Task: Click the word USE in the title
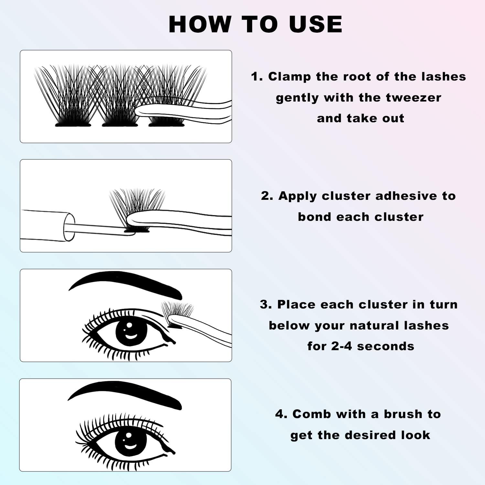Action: coord(316,24)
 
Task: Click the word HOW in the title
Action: coord(200,24)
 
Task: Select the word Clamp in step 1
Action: coord(290,77)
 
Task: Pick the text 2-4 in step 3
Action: coord(341,346)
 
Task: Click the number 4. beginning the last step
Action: coord(281,414)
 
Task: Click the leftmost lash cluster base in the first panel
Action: coord(73,124)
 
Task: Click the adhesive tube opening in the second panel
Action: coord(69,227)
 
